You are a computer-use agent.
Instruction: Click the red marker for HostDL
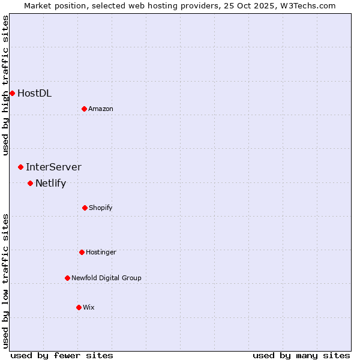point(12,93)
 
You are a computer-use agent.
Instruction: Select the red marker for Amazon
point(84,109)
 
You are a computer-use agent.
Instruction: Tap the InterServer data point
point(20,167)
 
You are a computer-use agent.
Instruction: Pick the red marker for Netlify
point(30,183)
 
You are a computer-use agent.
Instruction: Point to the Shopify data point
point(85,208)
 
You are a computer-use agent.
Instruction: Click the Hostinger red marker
point(82,252)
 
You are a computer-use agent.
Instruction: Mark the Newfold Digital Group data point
point(67,278)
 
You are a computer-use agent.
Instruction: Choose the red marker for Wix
point(79,307)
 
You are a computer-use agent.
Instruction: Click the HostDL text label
point(34,93)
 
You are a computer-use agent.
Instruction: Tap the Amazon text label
point(101,109)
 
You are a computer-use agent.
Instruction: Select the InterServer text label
point(53,167)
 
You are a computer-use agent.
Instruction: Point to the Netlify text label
point(50,183)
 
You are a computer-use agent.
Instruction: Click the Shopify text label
point(101,208)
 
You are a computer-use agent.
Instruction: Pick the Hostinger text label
point(101,252)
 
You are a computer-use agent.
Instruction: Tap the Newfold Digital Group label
point(106,278)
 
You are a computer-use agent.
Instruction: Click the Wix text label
point(89,307)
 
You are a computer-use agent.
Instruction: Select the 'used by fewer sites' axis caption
point(62,355)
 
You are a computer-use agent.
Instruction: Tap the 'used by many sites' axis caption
point(301,355)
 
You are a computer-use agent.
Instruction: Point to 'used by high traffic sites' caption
point(5,85)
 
